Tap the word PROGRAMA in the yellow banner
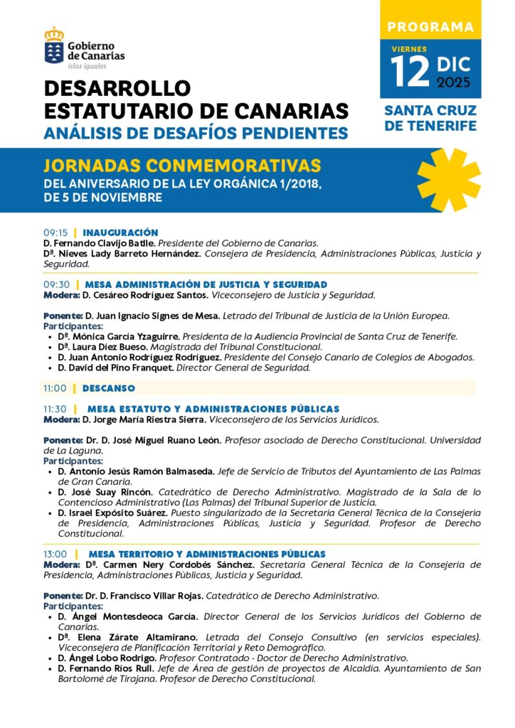(430, 28)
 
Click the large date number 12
(410, 69)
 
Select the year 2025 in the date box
(453, 82)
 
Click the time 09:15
(55, 232)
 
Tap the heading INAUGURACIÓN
(120, 232)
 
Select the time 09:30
(55, 284)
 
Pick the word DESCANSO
(108, 388)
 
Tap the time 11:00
(55, 388)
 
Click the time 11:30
(55, 409)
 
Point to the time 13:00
(55, 554)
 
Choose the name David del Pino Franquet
(115, 368)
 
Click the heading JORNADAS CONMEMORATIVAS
(182, 166)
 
